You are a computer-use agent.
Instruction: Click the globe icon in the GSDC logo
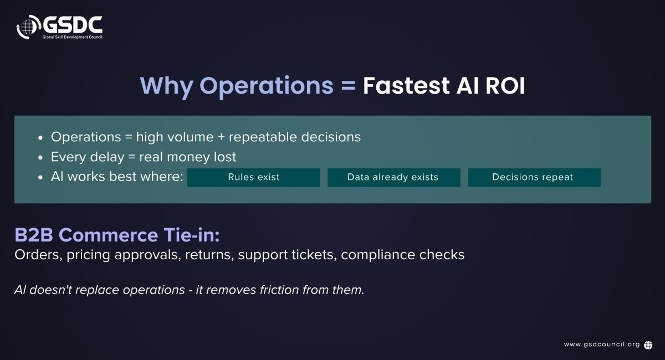point(28,27)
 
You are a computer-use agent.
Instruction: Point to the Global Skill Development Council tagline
point(73,37)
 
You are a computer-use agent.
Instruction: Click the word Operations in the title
point(267,86)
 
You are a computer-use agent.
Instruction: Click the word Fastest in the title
point(406,86)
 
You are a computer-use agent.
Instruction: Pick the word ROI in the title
point(505,86)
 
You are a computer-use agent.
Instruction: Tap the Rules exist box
point(254,177)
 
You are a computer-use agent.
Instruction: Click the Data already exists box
point(393,177)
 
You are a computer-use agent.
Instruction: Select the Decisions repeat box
point(534,177)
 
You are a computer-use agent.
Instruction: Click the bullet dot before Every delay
point(40,158)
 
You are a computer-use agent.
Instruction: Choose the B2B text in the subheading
point(34,235)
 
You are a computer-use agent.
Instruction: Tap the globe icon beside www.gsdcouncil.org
point(648,345)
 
